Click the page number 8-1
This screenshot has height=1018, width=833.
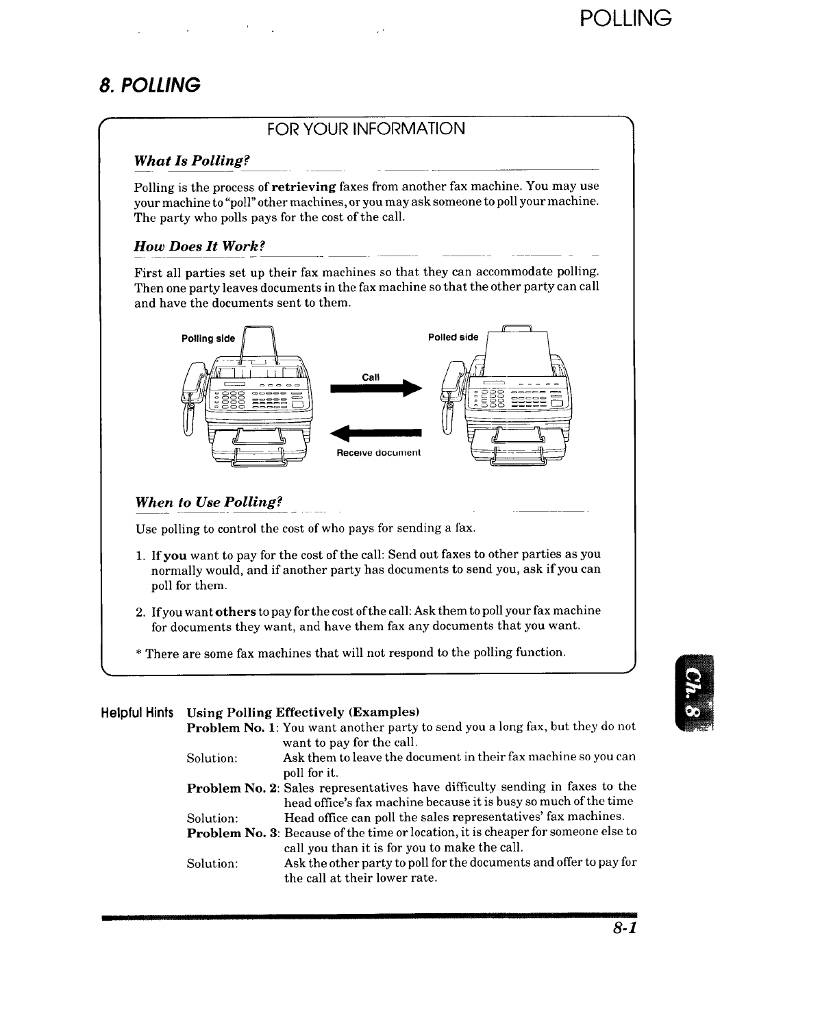(x=625, y=928)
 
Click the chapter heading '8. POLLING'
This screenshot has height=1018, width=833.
(x=149, y=85)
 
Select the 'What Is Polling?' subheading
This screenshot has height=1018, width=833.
(x=190, y=160)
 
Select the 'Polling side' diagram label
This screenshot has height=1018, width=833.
(x=208, y=338)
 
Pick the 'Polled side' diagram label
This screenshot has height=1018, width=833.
(x=453, y=337)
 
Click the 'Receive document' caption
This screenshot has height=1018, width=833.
(x=378, y=453)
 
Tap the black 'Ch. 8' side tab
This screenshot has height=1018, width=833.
(x=693, y=693)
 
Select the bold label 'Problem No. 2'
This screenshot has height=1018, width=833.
(x=232, y=787)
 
